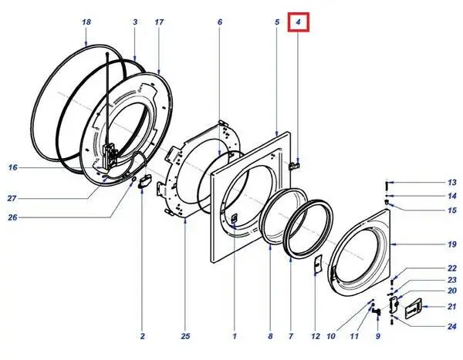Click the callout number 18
point(86,23)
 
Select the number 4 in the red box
point(298,23)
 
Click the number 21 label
point(431,307)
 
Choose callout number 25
point(186,336)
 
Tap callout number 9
point(378,336)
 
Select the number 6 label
point(219,23)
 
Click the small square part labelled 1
point(232,221)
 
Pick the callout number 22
point(431,267)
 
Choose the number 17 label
point(159,23)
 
